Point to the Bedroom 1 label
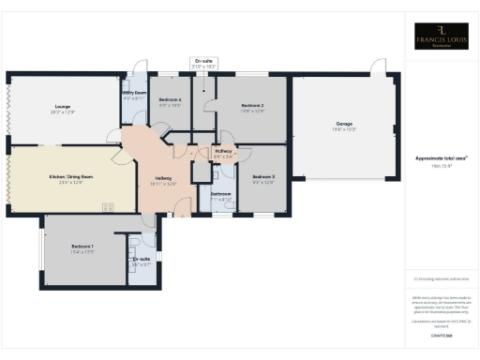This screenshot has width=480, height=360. pyautogui.click(x=83, y=247)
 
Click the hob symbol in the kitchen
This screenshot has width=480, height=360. pyautogui.click(x=108, y=208)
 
